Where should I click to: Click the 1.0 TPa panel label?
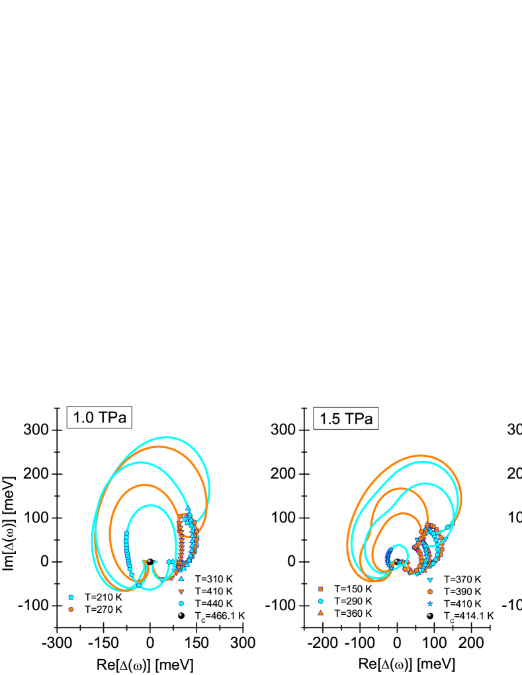99,418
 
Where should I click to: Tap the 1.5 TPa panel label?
345,418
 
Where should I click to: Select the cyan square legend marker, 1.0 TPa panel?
71,597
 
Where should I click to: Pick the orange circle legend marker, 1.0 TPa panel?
71,609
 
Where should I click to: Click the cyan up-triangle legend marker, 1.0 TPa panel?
181,578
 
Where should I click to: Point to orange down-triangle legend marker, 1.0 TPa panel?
181,591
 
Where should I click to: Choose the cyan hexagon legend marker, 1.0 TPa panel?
181,603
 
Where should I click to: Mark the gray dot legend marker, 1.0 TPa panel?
180,615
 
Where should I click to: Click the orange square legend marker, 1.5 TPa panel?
320,589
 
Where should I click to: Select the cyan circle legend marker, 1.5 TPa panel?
320,601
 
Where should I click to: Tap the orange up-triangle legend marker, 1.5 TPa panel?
320,613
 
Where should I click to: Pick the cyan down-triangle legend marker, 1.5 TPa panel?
430,580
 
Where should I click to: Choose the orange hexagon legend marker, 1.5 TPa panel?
430,592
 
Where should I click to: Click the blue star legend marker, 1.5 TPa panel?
430,604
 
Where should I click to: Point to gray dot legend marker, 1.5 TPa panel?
429,615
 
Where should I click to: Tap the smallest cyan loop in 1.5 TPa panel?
399,546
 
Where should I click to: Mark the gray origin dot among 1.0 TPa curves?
149,561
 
